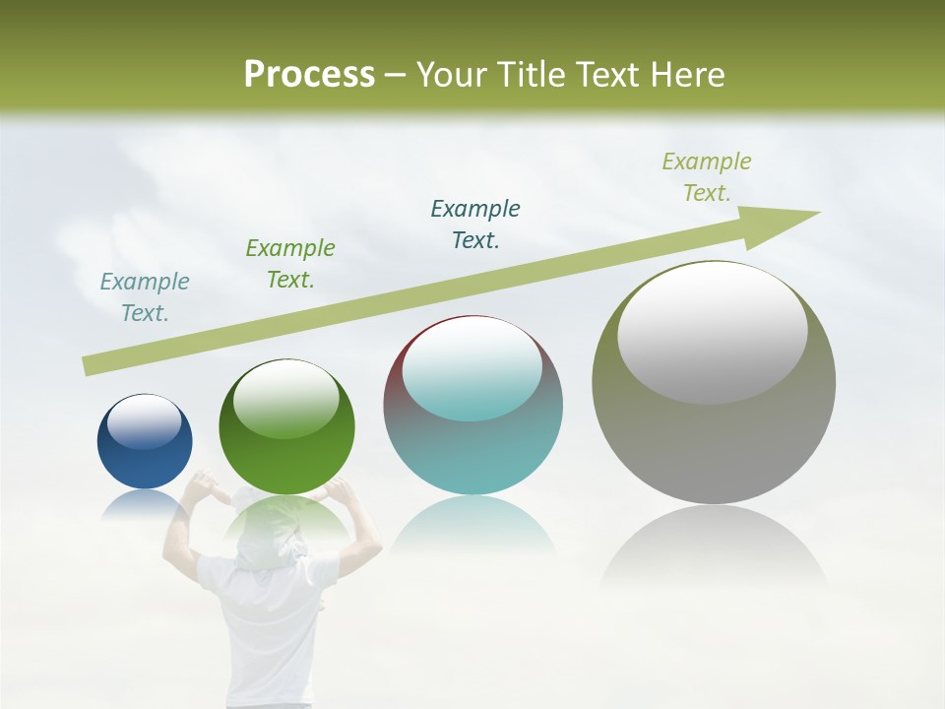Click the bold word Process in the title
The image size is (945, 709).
click(309, 75)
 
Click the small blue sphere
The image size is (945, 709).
click(145, 443)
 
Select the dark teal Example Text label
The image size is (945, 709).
click(475, 225)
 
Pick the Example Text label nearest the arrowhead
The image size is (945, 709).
click(707, 177)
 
